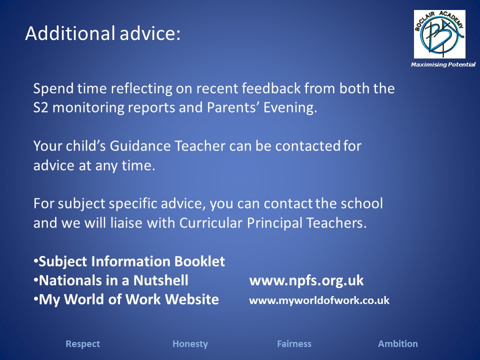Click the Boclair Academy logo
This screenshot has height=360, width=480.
coord(439,34)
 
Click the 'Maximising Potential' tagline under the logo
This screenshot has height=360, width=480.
coord(443,64)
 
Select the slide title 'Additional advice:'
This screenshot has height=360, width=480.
coord(103,33)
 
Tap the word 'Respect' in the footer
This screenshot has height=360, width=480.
coord(82,344)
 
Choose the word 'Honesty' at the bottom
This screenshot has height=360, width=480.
coord(190,344)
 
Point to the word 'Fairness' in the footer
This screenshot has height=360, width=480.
coord(294,344)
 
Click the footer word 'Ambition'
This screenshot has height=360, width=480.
coord(398,344)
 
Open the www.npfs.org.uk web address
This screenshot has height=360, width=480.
coord(306,280)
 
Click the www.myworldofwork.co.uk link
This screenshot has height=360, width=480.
coord(319,300)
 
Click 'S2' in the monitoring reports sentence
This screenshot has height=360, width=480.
coord(40,107)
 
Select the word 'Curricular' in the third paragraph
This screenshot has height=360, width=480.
coord(211,222)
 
